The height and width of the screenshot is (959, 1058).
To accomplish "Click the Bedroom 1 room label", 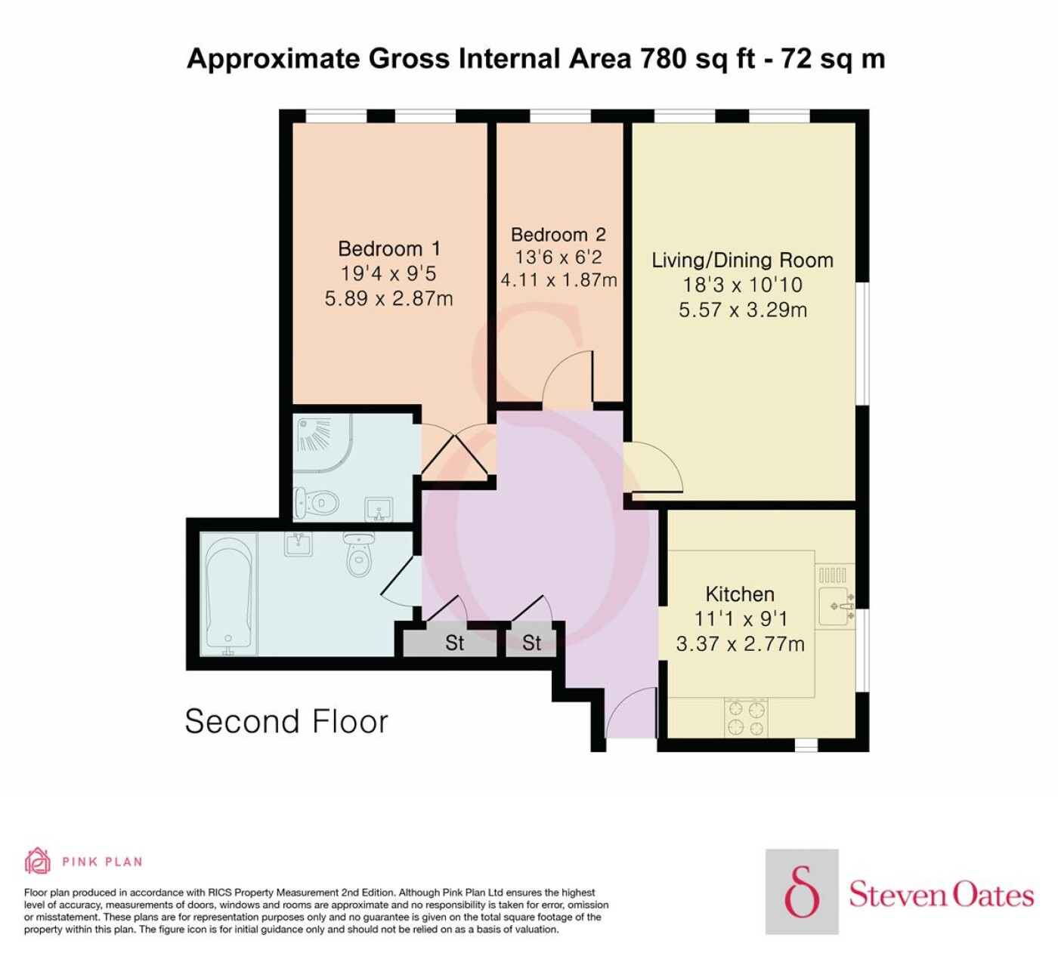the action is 388,248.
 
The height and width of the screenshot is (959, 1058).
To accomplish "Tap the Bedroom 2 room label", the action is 558,234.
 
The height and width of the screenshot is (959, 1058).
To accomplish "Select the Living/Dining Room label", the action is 743,261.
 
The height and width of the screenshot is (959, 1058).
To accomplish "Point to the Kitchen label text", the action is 740,594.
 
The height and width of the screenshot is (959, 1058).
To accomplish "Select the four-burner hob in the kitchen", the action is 747,717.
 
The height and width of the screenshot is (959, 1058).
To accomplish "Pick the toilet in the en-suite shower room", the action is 317,502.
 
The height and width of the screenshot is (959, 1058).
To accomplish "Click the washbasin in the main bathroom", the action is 299,544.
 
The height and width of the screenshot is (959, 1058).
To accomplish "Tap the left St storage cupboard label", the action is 454,643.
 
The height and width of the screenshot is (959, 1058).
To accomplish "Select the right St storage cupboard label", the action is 531,643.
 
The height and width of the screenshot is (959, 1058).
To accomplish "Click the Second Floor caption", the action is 286,721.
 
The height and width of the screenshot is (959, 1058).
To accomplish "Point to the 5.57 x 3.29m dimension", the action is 743,310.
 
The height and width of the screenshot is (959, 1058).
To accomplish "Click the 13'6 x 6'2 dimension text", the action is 558,257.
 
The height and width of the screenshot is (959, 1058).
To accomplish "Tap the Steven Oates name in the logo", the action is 941,895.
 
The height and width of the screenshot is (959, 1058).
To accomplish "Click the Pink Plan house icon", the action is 38,861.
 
